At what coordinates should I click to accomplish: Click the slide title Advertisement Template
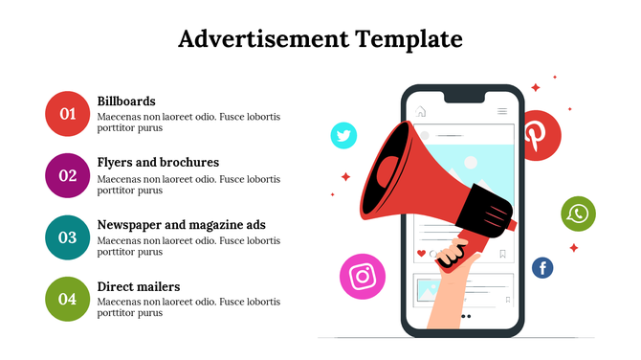[x=320, y=39]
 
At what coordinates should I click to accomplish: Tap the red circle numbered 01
[x=67, y=114]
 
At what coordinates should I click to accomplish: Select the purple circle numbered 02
[x=67, y=175]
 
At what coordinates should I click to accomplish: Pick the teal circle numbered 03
[x=67, y=237]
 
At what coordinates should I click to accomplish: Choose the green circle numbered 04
[x=67, y=299]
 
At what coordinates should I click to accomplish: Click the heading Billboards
[x=126, y=101]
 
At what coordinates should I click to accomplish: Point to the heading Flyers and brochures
[x=158, y=162]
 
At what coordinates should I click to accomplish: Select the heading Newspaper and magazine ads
[x=181, y=224]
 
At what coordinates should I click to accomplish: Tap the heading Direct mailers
[x=139, y=286]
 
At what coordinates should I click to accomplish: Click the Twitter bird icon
[x=343, y=135]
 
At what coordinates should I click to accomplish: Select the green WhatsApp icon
[x=578, y=214]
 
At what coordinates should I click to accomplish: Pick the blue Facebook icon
[x=542, y=268]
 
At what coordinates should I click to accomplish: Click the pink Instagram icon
[x=362, y=277]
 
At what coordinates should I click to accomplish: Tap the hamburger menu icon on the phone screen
[x=502, y=112]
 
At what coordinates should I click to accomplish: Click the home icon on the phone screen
[x=421, y=112]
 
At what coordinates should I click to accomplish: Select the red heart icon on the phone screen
[x=421, y=254]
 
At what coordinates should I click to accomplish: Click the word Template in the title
[x=409, y=39]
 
